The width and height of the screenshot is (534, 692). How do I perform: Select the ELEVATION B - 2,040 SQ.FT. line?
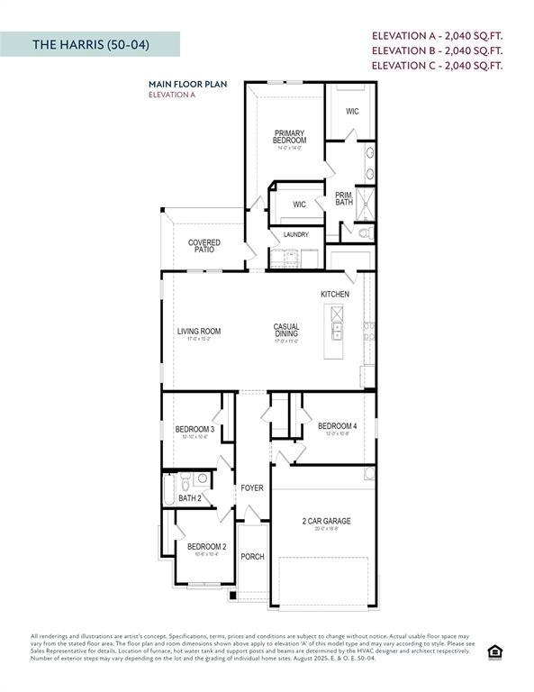437,50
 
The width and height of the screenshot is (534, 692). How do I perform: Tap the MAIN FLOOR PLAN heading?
187,84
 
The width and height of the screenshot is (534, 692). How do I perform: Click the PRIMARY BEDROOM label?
290,137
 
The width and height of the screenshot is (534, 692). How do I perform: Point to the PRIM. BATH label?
343,198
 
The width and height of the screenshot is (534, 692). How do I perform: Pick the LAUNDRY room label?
296,235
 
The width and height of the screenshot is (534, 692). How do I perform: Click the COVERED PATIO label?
204,246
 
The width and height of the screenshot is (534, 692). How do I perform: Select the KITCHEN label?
335,295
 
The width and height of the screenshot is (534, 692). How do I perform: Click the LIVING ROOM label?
198,332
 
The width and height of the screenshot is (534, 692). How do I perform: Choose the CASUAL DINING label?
287,331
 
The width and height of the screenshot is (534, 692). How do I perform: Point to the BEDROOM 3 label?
195,429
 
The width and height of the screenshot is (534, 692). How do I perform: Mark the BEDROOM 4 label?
337,426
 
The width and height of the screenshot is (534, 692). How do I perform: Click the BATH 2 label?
189,498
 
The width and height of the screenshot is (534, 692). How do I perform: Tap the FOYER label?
252,488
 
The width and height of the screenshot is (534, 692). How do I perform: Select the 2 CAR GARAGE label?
326,521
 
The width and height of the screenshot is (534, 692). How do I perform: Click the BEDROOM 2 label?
206,547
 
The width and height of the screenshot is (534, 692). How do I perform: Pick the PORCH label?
253,557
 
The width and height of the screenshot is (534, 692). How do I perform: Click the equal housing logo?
493,651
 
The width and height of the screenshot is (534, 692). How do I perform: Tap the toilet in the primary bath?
365,233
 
